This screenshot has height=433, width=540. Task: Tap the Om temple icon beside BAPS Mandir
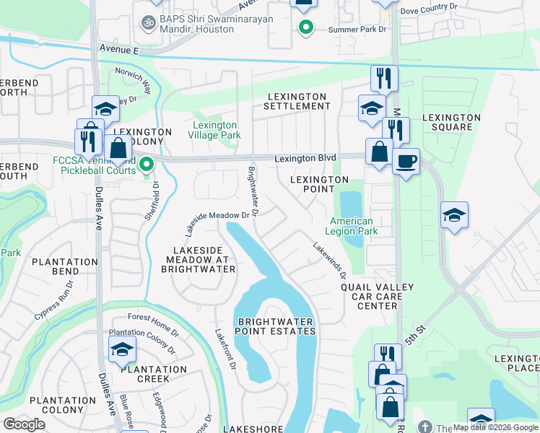coord(150,23)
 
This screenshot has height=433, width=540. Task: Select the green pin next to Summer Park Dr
coord(305,28)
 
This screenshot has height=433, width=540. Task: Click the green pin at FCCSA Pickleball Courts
coord(147,165)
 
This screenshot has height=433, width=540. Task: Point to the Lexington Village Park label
coord(214,130)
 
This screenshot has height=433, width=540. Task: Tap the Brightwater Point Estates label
coord(276,326)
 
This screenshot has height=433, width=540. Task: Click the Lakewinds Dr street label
coord(329,260)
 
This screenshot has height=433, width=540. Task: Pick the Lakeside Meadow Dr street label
coord(221,219)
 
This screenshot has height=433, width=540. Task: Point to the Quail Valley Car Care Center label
coord(378,296)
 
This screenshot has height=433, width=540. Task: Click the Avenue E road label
coord(120,51)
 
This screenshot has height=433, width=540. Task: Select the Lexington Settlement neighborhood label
coord(298,101)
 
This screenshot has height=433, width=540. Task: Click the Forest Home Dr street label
coord(153,317)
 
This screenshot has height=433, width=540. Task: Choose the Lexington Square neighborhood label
coord(451,122)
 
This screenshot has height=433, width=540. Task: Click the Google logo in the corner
coord(24,424)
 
